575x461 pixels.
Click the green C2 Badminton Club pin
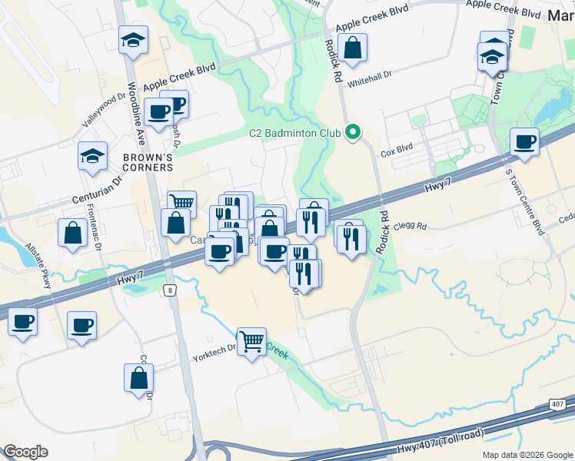[x=353, y=132]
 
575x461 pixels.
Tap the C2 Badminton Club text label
[x=294, y=133]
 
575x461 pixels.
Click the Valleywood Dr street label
[x=103, y=111]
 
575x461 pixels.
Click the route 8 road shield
[x=170, y=290]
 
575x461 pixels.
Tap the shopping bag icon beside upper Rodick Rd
[x=352, y=48]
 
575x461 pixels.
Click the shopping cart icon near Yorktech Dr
[x=251, y=341]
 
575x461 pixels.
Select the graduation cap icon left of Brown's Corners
[x=92, y=157]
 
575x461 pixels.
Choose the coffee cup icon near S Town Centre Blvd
[x=524, y=142]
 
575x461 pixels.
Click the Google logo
[x=25, y=452]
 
